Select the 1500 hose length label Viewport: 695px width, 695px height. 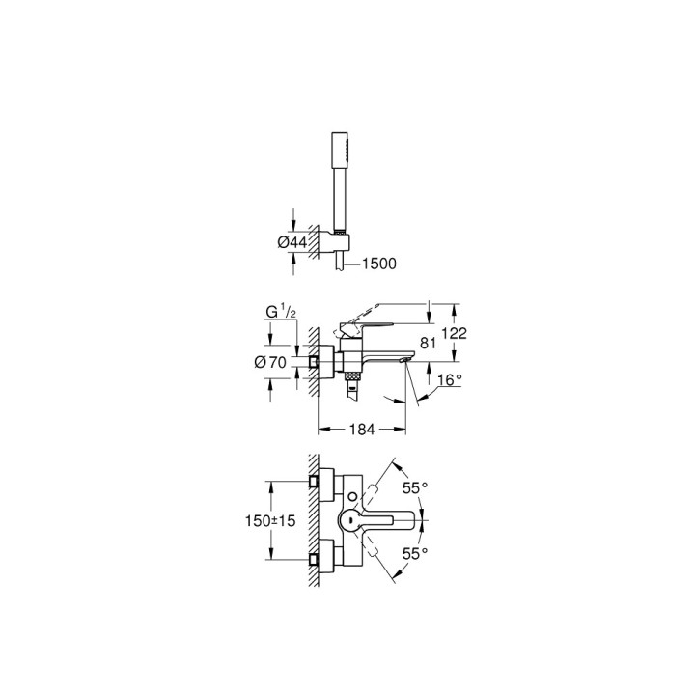378,263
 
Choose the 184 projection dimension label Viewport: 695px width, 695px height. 361,430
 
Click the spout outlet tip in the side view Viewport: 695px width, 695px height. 403,360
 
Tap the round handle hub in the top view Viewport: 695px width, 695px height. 348,521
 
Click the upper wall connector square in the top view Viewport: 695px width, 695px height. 314,480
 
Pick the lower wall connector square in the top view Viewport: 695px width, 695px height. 314,559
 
